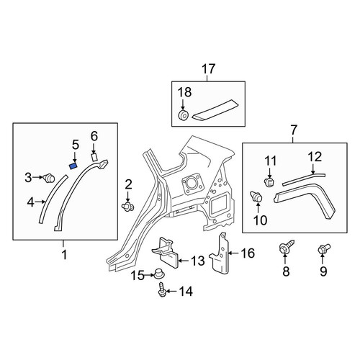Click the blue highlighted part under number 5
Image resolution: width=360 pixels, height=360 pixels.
coord(73,166)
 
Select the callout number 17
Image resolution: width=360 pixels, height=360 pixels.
coord(208,69)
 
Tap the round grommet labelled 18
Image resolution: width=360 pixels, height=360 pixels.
coord(183,114)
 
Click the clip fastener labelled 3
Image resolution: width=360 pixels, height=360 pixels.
coord(50,178)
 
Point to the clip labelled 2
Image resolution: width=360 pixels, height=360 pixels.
coord(127,206)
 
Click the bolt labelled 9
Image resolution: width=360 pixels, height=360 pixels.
coord(324,248)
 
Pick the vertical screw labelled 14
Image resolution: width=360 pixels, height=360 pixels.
coord(161,289)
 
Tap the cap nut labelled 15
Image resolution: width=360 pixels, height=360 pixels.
coord(158,274)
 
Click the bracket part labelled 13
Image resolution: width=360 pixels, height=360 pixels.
coord(165,252)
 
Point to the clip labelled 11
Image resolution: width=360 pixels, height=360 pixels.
coord(269,182)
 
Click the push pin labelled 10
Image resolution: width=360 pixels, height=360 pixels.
coord(256,197)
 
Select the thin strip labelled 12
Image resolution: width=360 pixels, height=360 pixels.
coord(304,179)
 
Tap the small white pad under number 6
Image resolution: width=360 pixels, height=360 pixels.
coord(94,157)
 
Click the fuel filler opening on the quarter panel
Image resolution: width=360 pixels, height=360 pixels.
coord(192,184)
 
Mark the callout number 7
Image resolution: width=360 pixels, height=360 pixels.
coord(294,130)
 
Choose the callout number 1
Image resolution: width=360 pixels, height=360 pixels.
coord(64,255)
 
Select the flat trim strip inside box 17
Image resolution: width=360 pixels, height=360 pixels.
coord(215,109)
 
